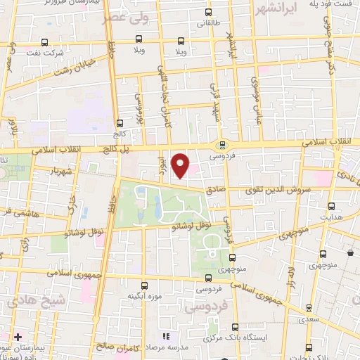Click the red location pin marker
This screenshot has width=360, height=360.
(181, 165)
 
